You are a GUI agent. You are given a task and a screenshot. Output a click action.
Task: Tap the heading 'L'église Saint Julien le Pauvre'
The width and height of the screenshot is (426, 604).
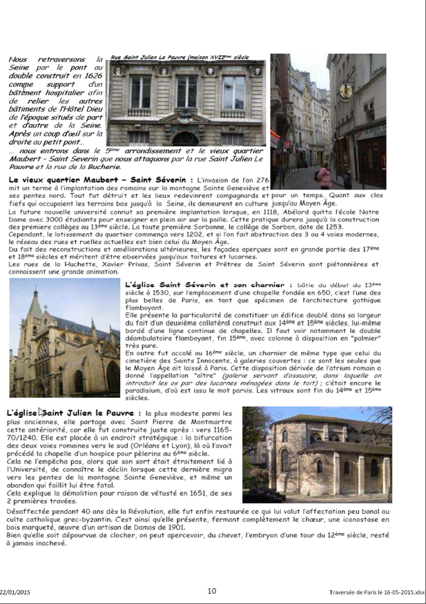tap(70, 412)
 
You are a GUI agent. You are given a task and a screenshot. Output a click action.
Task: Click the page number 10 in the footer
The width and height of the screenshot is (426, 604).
tap(212, 590)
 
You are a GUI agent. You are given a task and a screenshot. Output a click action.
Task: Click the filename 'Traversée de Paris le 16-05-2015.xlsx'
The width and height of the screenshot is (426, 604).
tap(377, 592)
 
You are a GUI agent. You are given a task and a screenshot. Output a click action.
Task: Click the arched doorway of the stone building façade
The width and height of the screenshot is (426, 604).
tap(184, 139)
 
